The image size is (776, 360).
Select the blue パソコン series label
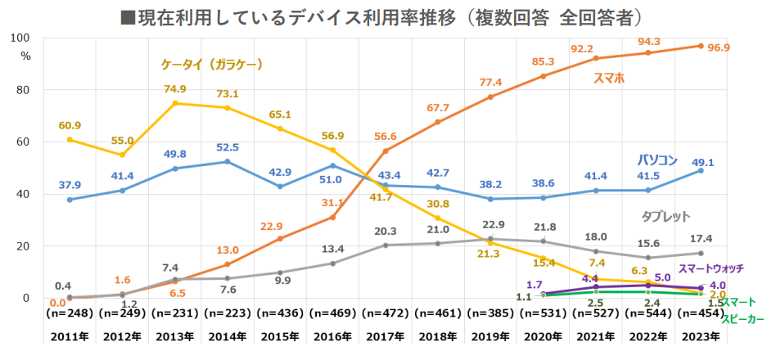pos(657,160)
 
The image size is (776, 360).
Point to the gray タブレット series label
pos(665,217)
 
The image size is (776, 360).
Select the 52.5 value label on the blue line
pos(227,147)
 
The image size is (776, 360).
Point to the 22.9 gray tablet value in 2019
pos(491,224)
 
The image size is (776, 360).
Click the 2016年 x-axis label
pos(332,337)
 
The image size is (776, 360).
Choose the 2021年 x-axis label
pos(596,337)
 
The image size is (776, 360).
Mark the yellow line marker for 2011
pos(70,139)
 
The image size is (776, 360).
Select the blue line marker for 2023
pos(701,170)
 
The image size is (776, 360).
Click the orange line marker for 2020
pos(544,76)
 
